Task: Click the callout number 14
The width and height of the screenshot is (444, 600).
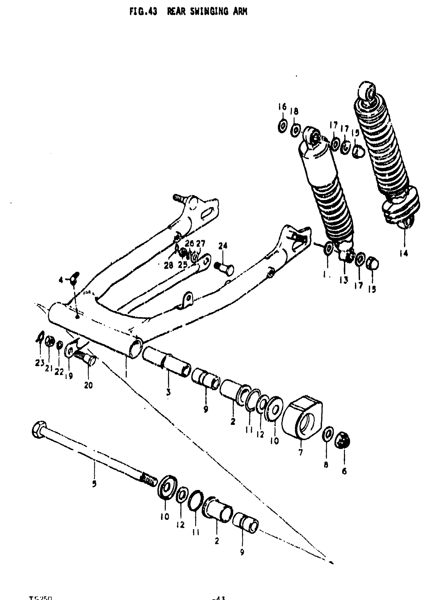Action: pyautogui.click(x=404, y=253)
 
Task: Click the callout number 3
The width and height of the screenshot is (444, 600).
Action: pyautogui.click(x=168, y=392)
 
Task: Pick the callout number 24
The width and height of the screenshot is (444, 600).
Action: pyautogui.click(x=223, y=246)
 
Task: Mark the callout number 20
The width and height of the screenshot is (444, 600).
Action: pyautogui.click(x=88, y=385)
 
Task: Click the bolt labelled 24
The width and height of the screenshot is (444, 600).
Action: pyautogui.click(x=224, y=267)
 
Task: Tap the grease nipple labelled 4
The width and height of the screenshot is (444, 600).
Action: pyautogui.click(x=74, y=279)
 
